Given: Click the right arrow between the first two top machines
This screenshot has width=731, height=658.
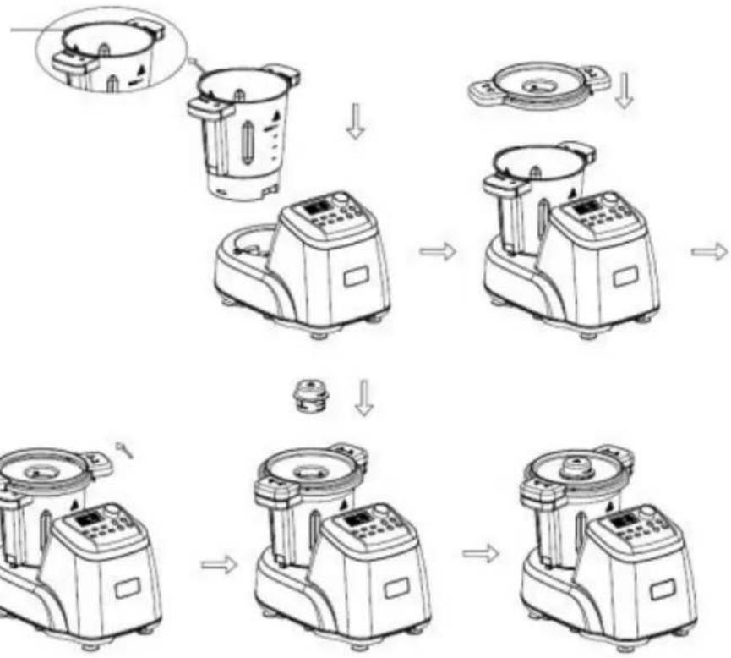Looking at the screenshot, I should (437, 251).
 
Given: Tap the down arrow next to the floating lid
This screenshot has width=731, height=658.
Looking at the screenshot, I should (623, 90).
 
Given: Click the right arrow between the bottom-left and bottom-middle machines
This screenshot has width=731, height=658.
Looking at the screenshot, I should (216, 565).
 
